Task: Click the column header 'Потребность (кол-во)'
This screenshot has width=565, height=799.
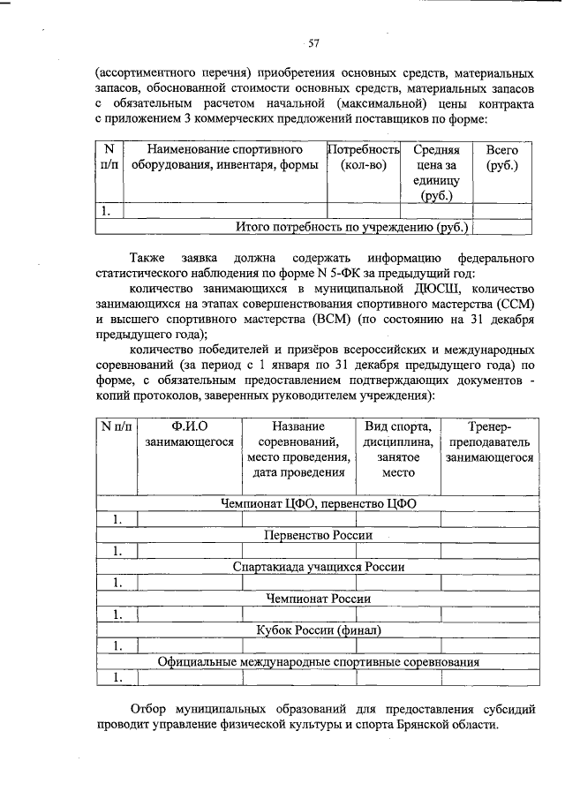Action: (x=364, y=158)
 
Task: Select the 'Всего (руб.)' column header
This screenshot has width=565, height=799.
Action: (x=501, y=158)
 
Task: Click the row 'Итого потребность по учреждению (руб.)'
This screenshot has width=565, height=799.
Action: (x=353, y=227)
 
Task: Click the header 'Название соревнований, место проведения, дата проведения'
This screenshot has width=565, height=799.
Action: (x=298, y=449)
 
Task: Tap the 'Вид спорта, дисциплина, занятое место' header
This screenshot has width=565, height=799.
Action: (x=397, y=449)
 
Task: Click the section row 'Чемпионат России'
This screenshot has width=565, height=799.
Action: (x=318, y=599)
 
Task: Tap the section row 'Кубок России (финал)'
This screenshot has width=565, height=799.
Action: (x=318, y=630)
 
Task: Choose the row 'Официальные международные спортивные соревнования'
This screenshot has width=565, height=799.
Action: (x=324, y=661)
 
